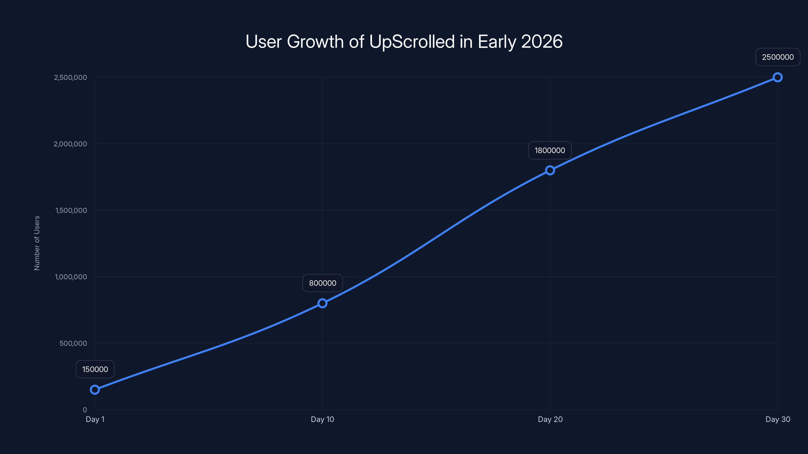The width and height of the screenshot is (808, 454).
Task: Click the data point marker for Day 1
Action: pos(95,389)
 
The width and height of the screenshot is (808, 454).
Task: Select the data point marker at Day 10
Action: pos(322,303)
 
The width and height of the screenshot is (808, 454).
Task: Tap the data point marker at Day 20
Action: pos(550,170)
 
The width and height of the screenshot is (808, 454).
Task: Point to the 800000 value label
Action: pos(322,283)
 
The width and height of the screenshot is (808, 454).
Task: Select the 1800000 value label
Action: pos(550,150)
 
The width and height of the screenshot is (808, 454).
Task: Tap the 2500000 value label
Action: pos(778,57)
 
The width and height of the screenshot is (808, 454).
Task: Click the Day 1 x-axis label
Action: pos(95,419)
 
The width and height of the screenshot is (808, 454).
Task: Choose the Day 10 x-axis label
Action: pos(322,419)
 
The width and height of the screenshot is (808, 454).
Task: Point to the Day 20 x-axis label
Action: pos(550,419)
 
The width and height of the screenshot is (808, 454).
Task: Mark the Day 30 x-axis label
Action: pos(778,419)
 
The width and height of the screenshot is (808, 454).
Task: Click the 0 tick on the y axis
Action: pos(85,410)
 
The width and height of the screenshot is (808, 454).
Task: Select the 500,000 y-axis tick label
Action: pos(73,343)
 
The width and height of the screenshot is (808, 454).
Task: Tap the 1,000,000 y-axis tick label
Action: pos(71,277)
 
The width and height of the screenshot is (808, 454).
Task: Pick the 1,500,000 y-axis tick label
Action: pos(71,210)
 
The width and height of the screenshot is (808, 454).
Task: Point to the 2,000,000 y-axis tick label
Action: pos(70,144)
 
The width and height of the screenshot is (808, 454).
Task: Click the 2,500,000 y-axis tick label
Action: pos(70,77)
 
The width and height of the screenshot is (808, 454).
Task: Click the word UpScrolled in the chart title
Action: pos(412,42)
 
